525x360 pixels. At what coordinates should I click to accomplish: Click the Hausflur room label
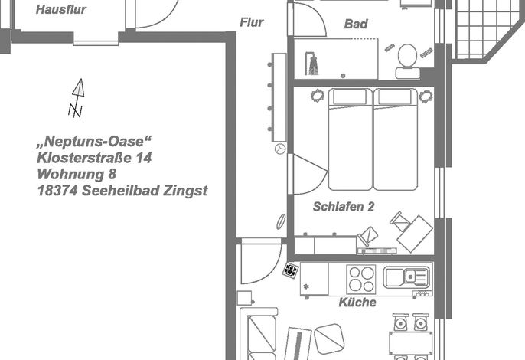tap(61, 9)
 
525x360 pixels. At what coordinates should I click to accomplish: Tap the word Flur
tap(252, 22)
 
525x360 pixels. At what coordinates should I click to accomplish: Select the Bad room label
tap(356, 24)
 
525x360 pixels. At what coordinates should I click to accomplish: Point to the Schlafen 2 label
tap(344, 207)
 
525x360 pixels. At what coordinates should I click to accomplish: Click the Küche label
tap(357, 302)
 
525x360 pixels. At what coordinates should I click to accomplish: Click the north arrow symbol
tap(77, 98)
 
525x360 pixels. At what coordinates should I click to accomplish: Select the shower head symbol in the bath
tap(311, 63)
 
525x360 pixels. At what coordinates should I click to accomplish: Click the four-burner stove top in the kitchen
tap(361, 280)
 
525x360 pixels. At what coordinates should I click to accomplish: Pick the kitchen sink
tap(406, 277)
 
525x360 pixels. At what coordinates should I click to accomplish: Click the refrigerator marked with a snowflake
tap(314, 279)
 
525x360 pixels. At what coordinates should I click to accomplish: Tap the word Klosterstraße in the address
tap(85, 158)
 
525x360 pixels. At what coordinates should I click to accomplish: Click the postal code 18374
tap(57, 191)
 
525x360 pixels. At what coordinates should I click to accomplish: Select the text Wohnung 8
tap(77, 174)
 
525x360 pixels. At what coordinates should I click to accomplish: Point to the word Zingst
tap(185, 191)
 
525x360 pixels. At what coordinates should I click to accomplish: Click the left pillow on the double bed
tap(350, 97)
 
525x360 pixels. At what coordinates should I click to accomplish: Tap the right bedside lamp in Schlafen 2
tap(426, 97)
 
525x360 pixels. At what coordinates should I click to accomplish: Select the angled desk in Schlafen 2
tap(415, 234)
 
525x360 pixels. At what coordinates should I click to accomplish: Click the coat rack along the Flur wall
tap(279, 97)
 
